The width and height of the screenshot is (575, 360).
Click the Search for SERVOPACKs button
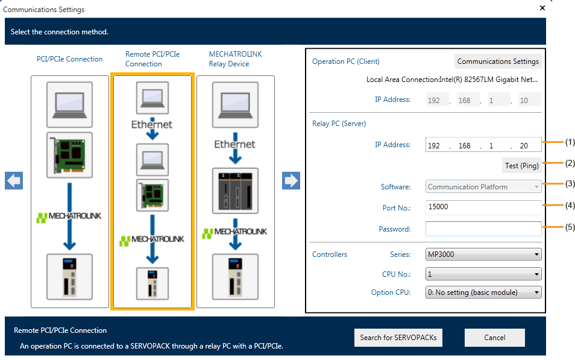coord(398,338)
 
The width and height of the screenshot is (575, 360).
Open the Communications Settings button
coord(498,62)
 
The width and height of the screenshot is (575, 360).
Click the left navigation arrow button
coord(14,180)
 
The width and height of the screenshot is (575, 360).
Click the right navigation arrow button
coord(291,180)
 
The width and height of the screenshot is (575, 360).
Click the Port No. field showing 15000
coord(483,207)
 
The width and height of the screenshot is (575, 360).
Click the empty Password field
coord(483,229)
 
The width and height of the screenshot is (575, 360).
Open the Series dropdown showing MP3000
coord(483,254)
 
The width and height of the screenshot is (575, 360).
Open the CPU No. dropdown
coord(483,274)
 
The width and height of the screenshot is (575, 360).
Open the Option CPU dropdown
coord(483,292)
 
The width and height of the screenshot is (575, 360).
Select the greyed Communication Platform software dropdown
coord(483,187)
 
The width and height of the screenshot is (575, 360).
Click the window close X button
coord(542,8)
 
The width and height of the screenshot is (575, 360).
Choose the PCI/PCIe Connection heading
coord(69,59)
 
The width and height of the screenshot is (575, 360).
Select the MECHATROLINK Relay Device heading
coord(236,58)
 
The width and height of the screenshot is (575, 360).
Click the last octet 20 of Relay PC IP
coord(524,146)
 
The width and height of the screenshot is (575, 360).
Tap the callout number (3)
coord(570,183)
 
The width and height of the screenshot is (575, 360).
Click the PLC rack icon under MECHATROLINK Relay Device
coord(235,191)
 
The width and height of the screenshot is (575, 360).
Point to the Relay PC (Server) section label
coord(339,124)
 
